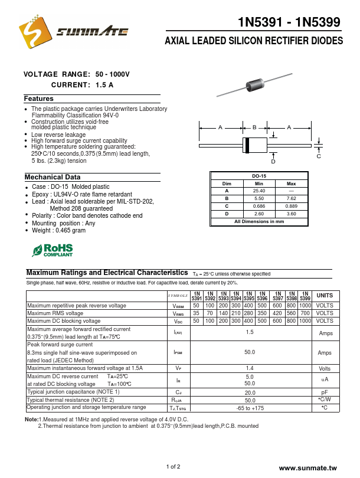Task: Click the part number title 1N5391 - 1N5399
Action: click(x=289, y=22)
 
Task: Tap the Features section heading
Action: click(x=39, y=99)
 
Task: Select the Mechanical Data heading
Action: click(x=53, y=177)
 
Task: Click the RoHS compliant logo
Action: click(x=53, y=250)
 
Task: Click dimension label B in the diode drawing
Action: click(x=254, y=127)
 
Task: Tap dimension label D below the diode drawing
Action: click(x=273, y=161)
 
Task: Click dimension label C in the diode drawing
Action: click(x=319, y=156)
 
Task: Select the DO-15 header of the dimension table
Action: click(x=258, y=176)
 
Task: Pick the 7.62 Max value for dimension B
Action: click(x=291, y=199)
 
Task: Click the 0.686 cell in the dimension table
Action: click(x=258, y=206)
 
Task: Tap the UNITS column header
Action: click(x=325, y=295)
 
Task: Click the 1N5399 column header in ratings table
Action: click(x=305, y=296)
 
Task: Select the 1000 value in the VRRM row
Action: click(x=305, y=306)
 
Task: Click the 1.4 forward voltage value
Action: click(x=250, y=368)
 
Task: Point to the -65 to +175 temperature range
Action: click(x=250, y=408)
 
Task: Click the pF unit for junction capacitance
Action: click(x=324, y=392)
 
